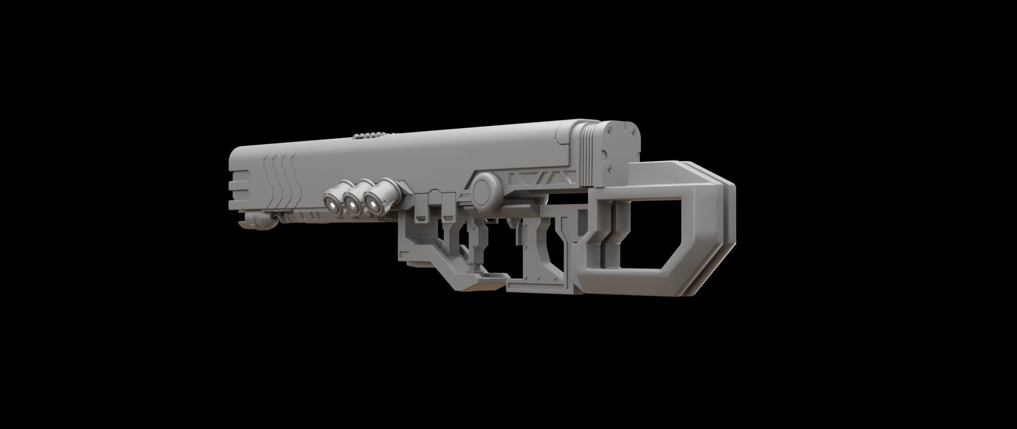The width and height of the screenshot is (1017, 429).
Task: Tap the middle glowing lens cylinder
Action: pos(352,204)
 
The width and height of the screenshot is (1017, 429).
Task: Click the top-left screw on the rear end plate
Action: pos(609,128)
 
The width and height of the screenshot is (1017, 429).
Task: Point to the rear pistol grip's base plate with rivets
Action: pos(540,286)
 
